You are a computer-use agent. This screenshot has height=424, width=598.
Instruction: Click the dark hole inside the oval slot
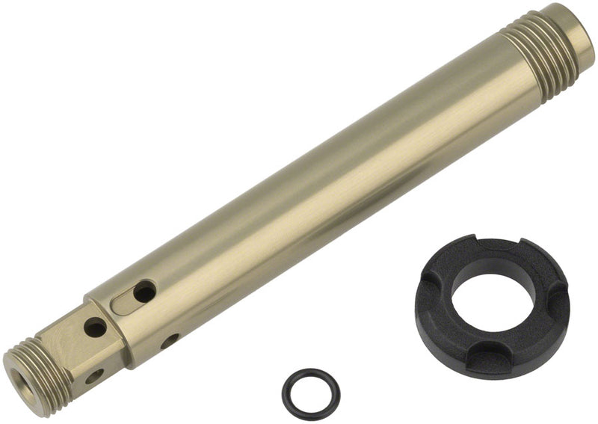pos(144,292)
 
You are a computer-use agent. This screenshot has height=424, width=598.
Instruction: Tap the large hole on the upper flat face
pos(95,327)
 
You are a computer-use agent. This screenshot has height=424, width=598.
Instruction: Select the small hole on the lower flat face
pos(94,376)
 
